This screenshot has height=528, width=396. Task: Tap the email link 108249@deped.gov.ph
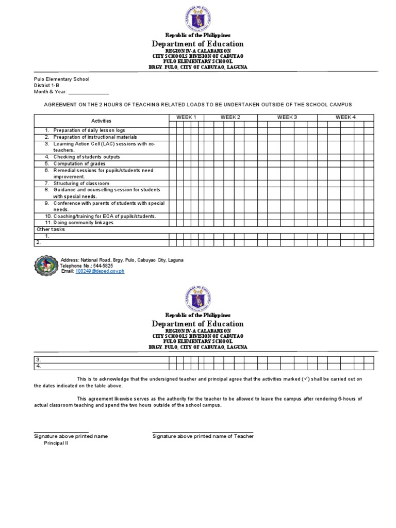tap(100, 271)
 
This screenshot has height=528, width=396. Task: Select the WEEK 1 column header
tap(186, 117)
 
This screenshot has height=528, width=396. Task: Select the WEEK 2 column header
tap(230, 117)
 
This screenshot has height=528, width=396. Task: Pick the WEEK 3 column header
tap(287, 117)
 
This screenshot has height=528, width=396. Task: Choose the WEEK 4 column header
tap(345, 117)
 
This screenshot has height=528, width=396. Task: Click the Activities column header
tap(102, 120)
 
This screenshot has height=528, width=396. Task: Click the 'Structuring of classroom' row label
tap(81, 184)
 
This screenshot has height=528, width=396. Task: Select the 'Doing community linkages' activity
tap(83, 223)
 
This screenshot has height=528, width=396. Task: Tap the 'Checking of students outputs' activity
tap(86, 157)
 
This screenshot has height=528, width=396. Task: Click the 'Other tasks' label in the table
tap(51, 229)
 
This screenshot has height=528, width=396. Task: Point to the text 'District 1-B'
tap(47, 86)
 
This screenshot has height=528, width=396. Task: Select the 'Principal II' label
tap(56, 443)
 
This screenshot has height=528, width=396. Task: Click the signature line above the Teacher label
tap(203, 433)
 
